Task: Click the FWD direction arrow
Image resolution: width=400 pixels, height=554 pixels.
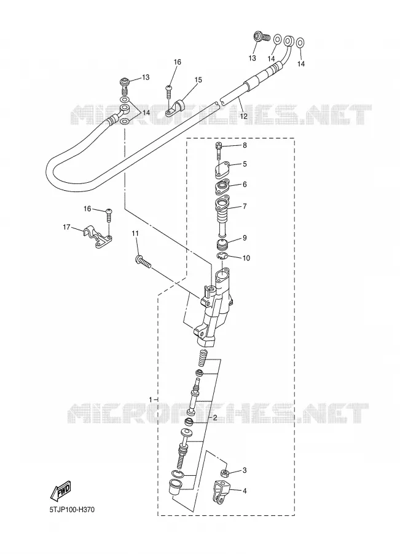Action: point(61,491)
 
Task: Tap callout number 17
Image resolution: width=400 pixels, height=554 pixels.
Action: point(66,227)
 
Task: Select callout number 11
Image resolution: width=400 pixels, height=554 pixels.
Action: point(135,233)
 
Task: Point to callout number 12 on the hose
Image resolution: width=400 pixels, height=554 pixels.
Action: point(244,116)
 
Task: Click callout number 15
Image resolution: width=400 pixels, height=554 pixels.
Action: point(198,80)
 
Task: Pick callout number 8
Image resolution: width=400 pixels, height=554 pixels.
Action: point(245,145)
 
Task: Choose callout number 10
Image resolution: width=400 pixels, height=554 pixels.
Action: point(246,259)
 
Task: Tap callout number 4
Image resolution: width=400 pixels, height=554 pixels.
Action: point(245,491)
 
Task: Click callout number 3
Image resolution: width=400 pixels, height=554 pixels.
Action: point(245,470)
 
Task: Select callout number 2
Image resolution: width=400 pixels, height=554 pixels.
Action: point(214,417)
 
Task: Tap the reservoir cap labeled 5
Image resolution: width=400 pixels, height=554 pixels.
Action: point(221,171)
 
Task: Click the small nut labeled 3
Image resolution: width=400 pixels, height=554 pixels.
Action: point(224,473)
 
